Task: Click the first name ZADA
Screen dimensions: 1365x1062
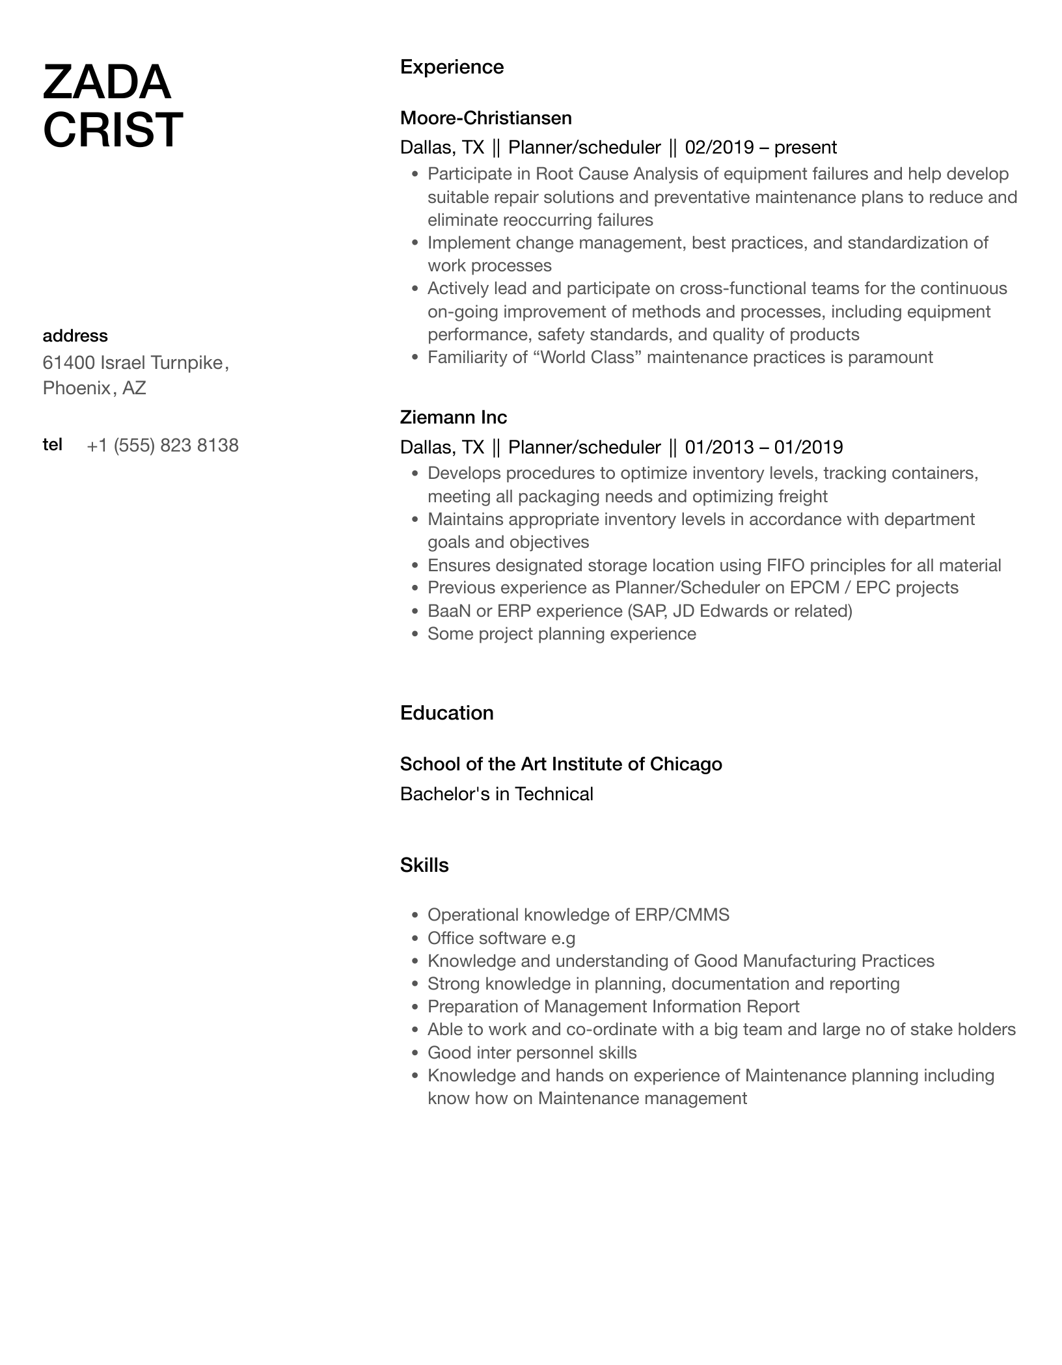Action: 107,83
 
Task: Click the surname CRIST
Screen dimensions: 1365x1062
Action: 113,129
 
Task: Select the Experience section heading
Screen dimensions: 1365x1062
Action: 452,67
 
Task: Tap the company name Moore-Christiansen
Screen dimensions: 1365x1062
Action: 485,118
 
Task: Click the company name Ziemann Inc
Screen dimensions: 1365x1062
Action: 453,417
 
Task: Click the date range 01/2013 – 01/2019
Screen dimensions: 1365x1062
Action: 764,447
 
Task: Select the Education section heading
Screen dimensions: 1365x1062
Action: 446,713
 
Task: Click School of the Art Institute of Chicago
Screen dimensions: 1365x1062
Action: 560,764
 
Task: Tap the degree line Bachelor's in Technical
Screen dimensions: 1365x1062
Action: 497,794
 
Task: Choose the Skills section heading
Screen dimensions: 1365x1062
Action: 424,865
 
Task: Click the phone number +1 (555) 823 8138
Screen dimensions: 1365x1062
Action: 163,446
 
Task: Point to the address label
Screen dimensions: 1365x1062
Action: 75,336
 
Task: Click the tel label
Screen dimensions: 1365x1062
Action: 52,444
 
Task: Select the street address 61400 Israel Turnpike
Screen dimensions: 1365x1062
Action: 133,362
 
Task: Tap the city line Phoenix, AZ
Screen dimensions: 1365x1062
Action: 94,388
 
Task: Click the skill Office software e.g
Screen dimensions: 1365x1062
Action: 501,938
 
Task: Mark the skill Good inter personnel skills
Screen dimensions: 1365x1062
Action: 532,1053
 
